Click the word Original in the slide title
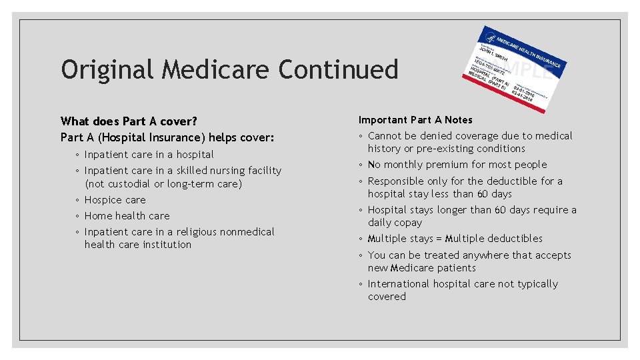(107, 69)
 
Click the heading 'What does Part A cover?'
(129, 121)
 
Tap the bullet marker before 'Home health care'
(78, 216)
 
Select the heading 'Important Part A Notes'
(415, 120)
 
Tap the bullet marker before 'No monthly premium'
(361, 165)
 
